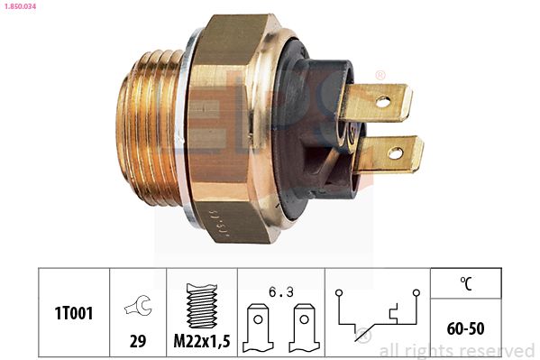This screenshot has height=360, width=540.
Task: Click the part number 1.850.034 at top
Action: click(x=20, y=5)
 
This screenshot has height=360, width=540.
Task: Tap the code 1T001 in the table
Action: click(x=74, y=313)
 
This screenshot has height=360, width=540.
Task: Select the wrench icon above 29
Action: click(x=138, y=305)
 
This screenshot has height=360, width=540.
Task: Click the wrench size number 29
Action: click(x=138, y=341)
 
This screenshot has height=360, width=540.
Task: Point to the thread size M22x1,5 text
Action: click(x=202, y=341)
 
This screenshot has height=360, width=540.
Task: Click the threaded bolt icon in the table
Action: click(x=202, y=306)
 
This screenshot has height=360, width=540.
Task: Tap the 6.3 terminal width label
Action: click(x=281, y=292)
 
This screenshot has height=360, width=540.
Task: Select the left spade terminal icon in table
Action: click(x=258, y=328)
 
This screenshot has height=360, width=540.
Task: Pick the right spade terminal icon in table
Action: click(x=304, y=328)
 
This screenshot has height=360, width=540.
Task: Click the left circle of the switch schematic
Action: click(x=339, y=292)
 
